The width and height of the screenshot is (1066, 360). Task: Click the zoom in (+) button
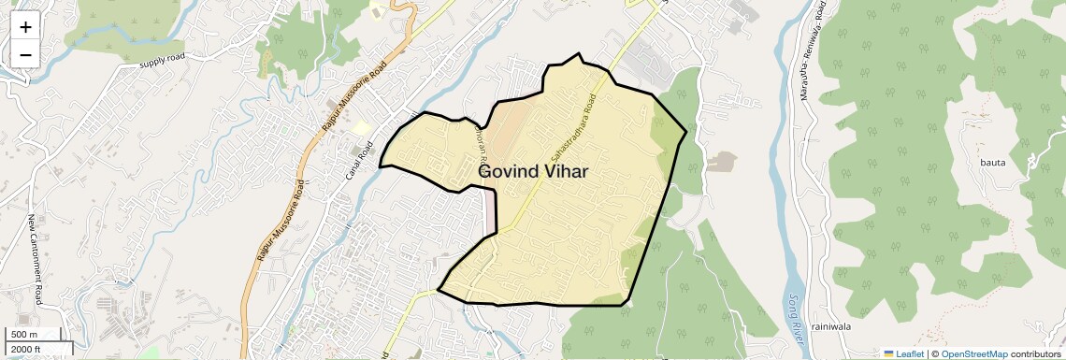tap(25, 27)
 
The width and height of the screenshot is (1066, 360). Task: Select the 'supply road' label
tap(163, 64)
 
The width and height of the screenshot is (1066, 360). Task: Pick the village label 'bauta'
tap(992, 163)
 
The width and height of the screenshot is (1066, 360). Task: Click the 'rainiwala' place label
tap(830, 326)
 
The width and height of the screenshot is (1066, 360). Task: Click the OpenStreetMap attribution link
tap(973, 354)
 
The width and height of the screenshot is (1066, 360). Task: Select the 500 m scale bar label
tap(24, 335)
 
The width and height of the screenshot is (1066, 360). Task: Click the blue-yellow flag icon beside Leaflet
tap(888, 354)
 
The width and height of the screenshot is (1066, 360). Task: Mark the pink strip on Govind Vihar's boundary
tap(490, 210)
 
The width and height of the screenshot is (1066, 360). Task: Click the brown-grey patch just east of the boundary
tap(719, 162)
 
